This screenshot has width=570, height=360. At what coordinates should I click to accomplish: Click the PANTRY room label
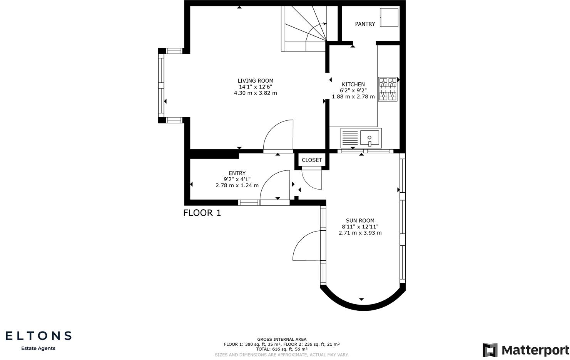pyautogui.click(x=365, y=24)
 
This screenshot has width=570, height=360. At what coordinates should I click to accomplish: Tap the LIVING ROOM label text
pyautogui.click(x=256, y=81)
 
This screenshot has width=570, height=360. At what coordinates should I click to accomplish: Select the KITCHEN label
pyautogui.click(x=353, y=84)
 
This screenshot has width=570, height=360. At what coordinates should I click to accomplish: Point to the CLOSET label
pyautogui.click(x=312, y=160)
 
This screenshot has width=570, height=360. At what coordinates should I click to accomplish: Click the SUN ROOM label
pyautogui.click(x=360, y=220)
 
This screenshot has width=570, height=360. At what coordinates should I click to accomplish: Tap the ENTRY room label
pyautogui.click(x=237, y=173)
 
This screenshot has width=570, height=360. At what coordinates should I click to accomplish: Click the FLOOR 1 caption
pyautogui.click(x=202, y=213)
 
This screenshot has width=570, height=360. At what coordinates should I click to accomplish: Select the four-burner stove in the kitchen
pyautogui.click(x=388, y=89)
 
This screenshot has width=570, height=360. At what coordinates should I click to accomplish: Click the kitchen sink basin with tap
pyautogui.click(x=369, y=138)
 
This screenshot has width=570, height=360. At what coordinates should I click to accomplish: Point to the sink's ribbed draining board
pyautogui.click(x=349, y=138)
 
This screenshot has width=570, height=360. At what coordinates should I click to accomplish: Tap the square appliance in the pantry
pyautogui.click(x=389, y=17)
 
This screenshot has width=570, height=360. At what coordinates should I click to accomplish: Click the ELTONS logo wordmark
pyautogui.click(x=38, y=336)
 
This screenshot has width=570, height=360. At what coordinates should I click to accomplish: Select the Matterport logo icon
pyautogui.click(x=490, y=350)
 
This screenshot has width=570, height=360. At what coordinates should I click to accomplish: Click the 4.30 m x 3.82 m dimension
pyautogui.click(x=256, y=93)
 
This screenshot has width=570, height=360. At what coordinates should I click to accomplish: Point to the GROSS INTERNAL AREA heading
pyautogui.click(x=282, y=339)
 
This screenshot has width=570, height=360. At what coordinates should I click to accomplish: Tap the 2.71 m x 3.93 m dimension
pyautogui.click(x=360, y=233)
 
